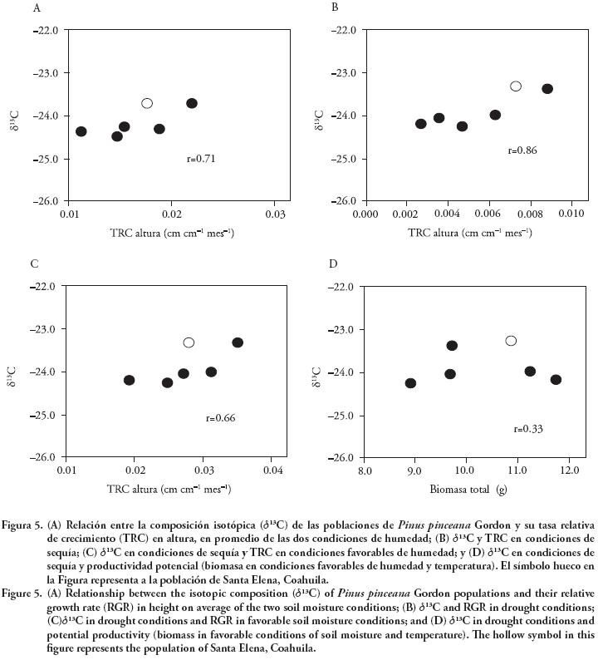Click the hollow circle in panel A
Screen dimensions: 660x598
[147, 103]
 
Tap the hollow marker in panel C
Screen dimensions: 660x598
[189, 342]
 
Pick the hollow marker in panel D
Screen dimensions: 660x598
[511, 341]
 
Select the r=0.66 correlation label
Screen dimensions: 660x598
[221, 418]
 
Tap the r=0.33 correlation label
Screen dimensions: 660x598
[528, 429]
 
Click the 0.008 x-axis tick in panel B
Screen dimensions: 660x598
[530, 214]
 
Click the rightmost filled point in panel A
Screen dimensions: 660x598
[192, 103]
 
